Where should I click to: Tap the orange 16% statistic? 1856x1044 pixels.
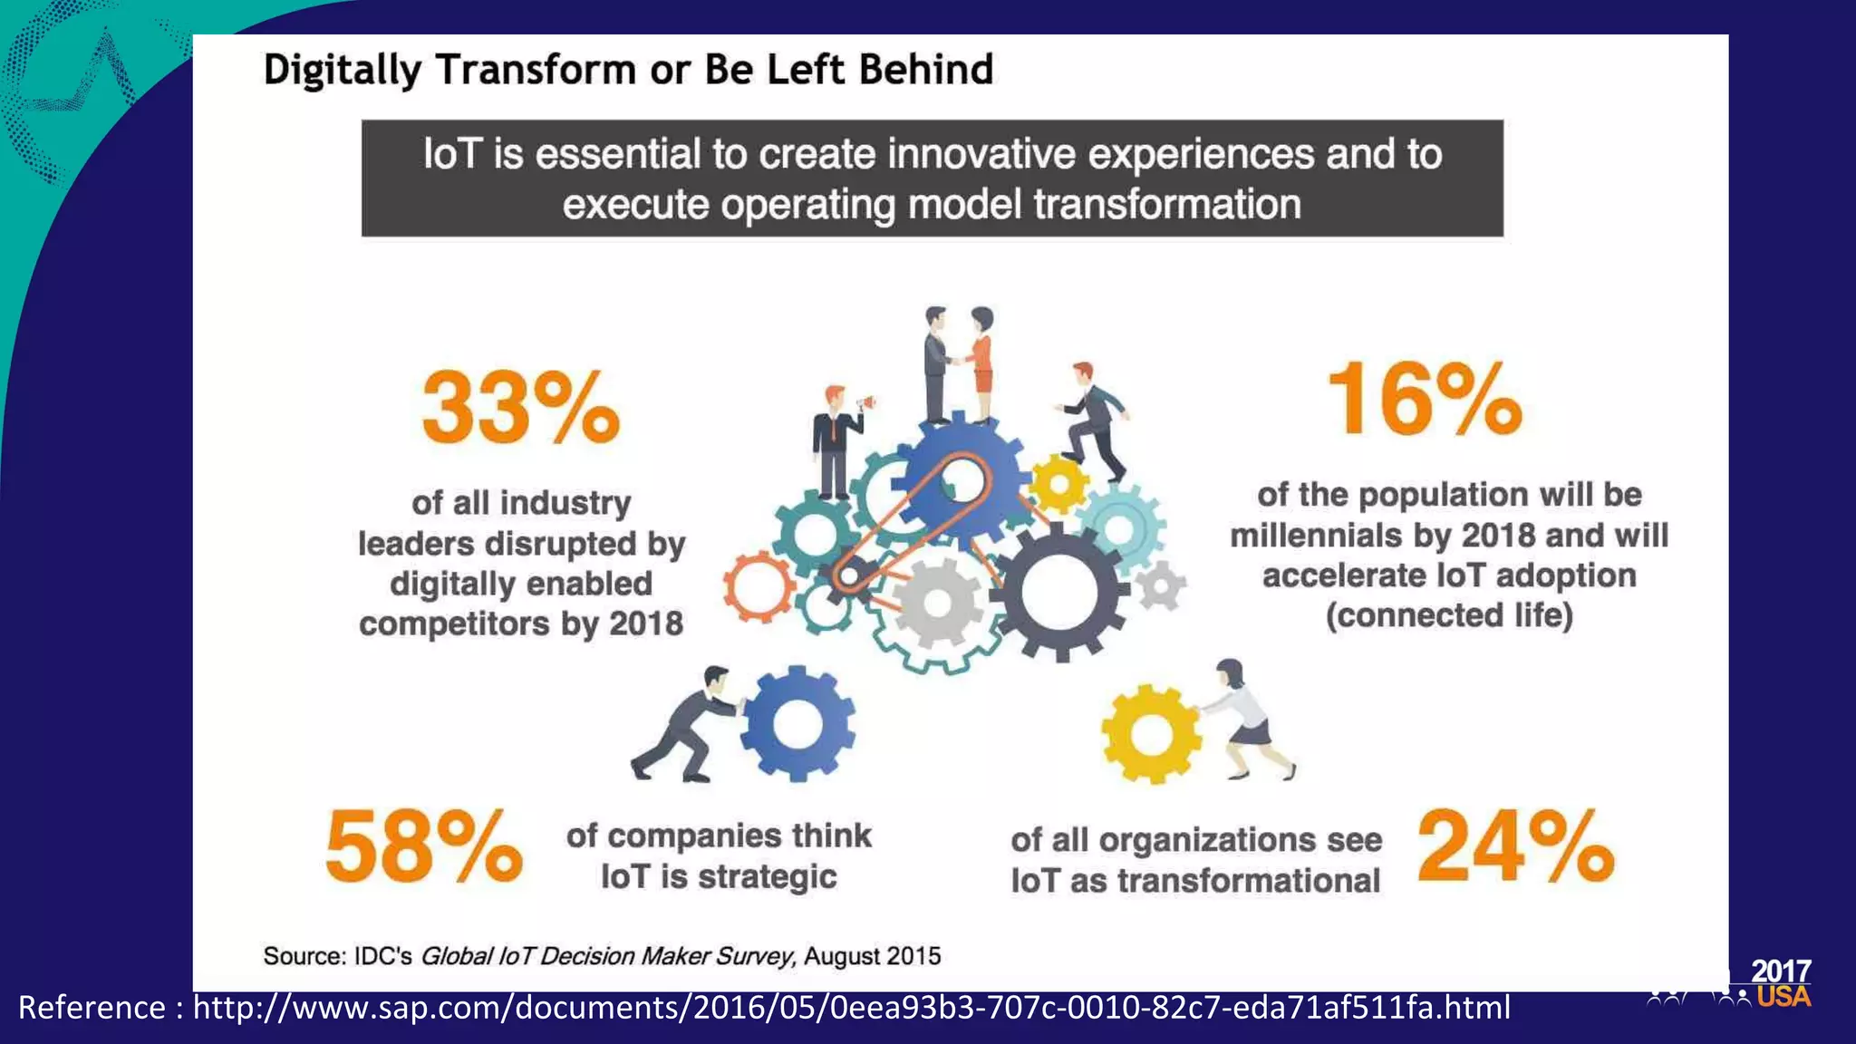coord(1425,399)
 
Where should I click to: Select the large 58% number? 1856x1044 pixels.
coord(423,846)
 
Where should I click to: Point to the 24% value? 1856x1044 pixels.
coord(1515,846)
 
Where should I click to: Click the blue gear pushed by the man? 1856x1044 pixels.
coord(797,723)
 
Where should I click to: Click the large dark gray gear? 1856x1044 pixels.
coord(1058,594)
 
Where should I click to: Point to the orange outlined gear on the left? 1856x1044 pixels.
coord(759,587)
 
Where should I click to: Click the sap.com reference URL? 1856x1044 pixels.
coord(851,1008)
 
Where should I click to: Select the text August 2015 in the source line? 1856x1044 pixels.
coord(872,956)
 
